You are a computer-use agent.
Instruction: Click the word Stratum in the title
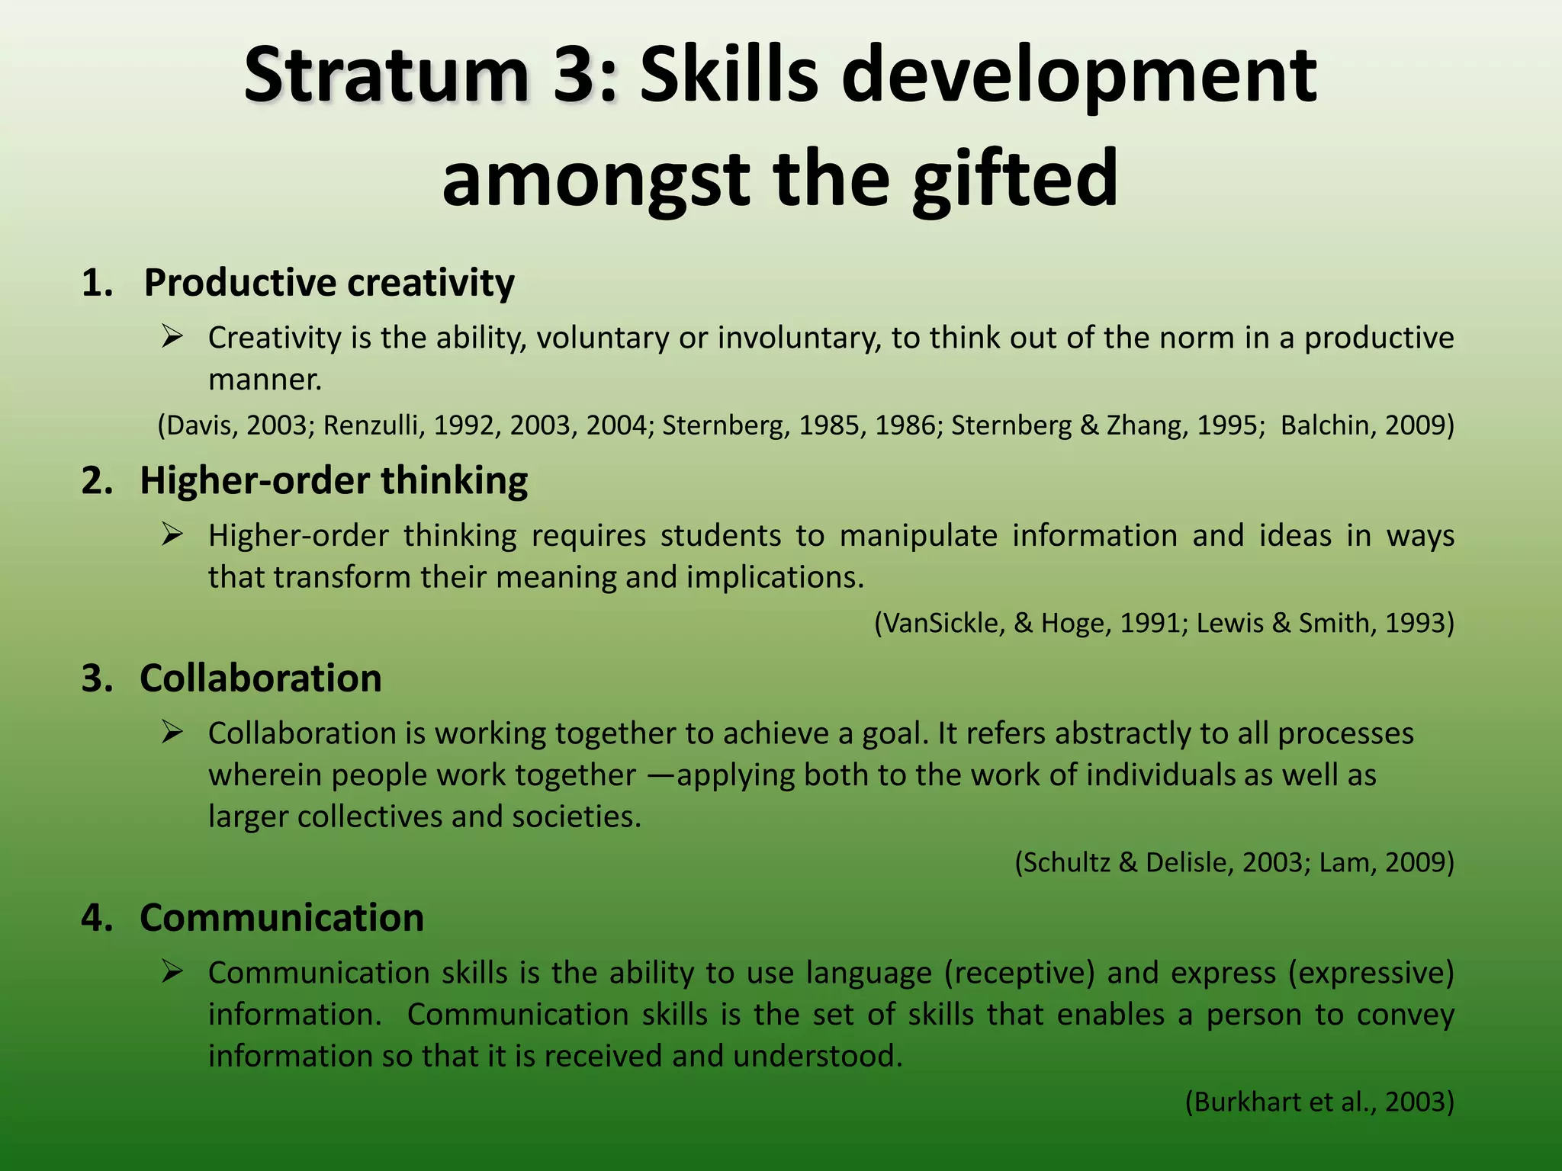point(386,75)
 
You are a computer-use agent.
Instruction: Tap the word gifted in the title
point(1014,178)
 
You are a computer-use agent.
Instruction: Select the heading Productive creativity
point(329,283)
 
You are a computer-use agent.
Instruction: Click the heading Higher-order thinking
point(333,481)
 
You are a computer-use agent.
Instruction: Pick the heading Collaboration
point(260,679)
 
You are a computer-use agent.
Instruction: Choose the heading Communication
point(281,917)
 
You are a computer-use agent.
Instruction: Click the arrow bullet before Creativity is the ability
point(172,336)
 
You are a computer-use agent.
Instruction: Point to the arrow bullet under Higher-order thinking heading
point(172,534)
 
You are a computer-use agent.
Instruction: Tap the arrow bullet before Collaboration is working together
point(172,733)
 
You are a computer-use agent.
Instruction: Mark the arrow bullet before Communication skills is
point(172,971)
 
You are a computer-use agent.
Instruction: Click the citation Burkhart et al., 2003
point(1319,1102)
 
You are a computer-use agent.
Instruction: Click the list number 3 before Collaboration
point(96,679)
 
